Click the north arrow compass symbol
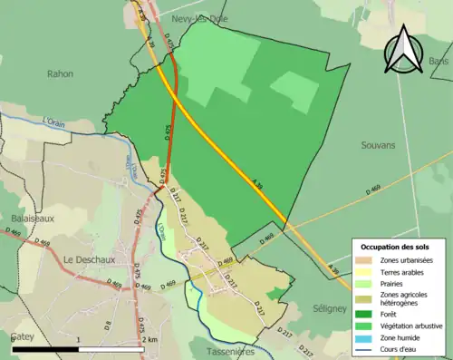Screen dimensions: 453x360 tap(401, 50)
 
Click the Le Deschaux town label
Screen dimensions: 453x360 tap(85, 259)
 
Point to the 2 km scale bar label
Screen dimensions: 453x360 tap(149, 339)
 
